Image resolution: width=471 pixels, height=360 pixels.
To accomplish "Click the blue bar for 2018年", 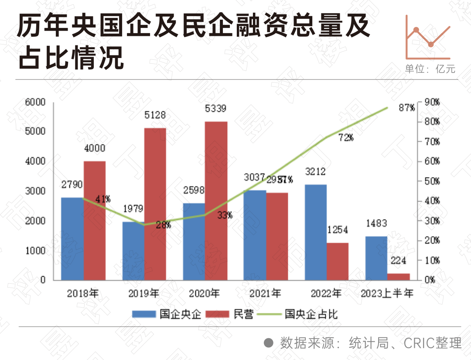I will (72, 239).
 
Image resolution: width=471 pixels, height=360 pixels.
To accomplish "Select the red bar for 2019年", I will (155, 204).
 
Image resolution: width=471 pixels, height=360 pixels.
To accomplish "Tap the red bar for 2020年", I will (216, 201).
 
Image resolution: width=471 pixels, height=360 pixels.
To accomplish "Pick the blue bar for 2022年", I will (315, 232).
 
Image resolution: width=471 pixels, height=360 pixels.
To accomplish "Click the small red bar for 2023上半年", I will (399, 277).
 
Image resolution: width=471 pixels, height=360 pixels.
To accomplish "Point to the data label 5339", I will (216, 109).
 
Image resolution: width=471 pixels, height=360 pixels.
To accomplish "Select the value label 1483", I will (377, 223).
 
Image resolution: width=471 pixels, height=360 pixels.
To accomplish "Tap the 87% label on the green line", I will (406, 108).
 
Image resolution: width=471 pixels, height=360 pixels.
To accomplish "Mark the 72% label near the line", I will (345, 138).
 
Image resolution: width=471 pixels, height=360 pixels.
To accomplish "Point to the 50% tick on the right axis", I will (432, 181).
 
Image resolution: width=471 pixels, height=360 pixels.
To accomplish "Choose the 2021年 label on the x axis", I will (266, 293).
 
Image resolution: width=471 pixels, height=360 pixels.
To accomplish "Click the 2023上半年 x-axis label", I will (387, 293).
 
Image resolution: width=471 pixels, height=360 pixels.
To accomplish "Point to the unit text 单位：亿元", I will (430, 69).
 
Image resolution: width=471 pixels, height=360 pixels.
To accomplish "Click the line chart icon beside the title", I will (428, 37).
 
